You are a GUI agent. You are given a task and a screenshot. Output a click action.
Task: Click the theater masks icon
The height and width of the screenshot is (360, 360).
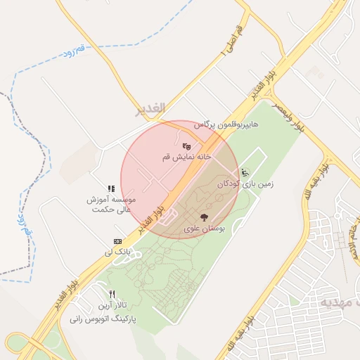[186, 146]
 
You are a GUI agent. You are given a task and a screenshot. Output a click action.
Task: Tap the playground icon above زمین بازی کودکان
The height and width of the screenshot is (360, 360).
[245, 172]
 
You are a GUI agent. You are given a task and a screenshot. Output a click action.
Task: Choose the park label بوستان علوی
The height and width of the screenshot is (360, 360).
[204, 229]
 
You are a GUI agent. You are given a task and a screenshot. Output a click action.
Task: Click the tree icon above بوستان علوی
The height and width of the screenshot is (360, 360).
[204, 217]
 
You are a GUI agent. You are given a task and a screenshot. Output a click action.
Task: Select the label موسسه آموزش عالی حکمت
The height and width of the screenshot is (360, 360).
[111, 204]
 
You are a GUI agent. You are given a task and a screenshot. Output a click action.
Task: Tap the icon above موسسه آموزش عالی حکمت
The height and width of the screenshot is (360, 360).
[111, 188]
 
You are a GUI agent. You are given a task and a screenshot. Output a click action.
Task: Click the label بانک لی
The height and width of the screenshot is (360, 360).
[117, 252]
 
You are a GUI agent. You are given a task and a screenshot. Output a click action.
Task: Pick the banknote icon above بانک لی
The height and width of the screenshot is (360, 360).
[117, 241]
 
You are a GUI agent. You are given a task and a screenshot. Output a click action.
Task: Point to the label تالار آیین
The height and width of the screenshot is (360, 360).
[111, 306]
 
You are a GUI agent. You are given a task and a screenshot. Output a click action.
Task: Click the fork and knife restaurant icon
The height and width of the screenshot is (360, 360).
[112, 295]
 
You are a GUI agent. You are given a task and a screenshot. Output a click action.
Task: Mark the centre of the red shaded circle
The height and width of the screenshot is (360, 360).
[179, 179]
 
